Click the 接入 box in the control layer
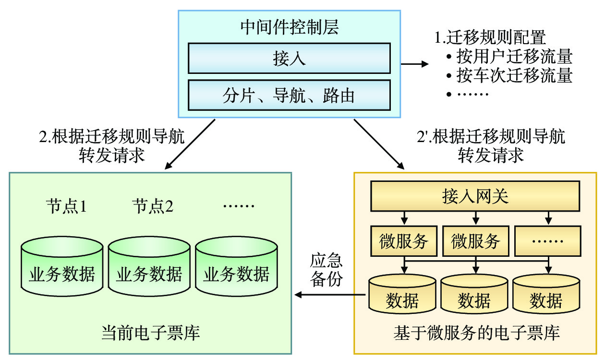[x=289, y=59]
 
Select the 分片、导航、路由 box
[x=289, y=96]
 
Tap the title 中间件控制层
[x=289, y=27]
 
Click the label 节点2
[x=153, y=207]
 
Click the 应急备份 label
[x=327, y=270]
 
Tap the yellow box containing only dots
[x=546, y=240]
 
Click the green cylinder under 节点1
[x=62, y=268]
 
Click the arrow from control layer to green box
[x=190, y=144]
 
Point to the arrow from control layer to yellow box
[x=379, y=144]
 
